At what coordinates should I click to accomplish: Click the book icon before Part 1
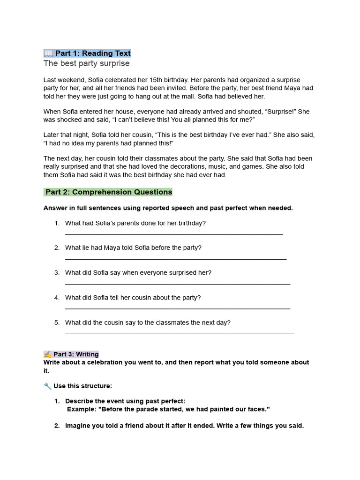[49, 53]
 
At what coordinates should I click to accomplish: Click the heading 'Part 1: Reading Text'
[93, 53]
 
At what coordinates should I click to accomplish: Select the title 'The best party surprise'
[86, 63]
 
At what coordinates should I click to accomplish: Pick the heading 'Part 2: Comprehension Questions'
[109, 192]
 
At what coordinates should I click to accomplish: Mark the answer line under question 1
[173, 233]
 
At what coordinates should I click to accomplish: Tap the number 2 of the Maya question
[56, 247]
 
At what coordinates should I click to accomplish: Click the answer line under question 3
[177, 284]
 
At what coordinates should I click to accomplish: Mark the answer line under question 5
[179, 333]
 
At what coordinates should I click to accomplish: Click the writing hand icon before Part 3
[48, 354]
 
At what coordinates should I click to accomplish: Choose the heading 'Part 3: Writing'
[75, 354]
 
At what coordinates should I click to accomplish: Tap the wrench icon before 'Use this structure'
[47, 386]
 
